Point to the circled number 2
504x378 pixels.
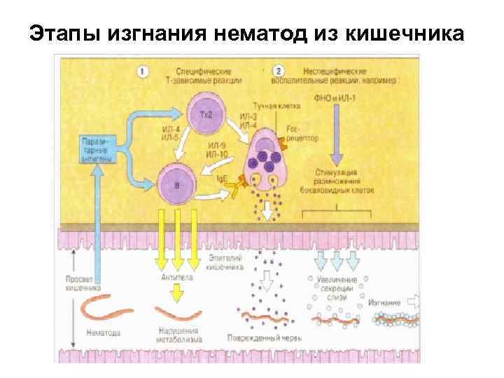[x=279, y=71]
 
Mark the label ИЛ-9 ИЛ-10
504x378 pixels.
[x=218, y=148]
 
